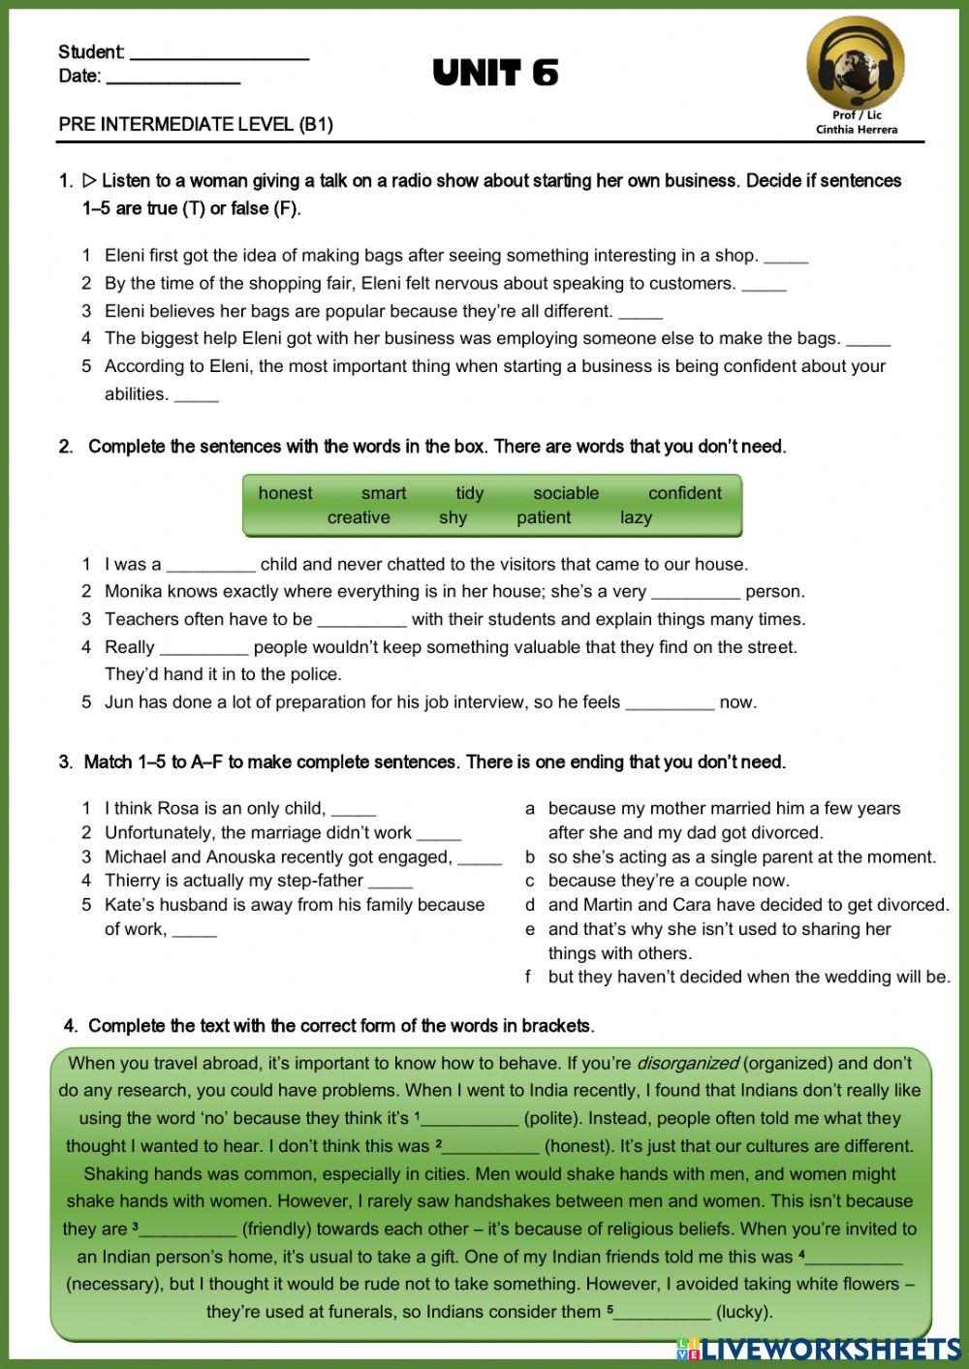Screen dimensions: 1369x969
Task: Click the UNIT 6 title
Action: pos(495,74)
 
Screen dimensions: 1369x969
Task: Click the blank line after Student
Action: pos(219,56)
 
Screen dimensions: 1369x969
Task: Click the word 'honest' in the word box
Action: pos(285,493)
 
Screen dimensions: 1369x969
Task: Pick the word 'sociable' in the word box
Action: pos(566,493)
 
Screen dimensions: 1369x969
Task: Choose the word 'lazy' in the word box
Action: pos(636,517)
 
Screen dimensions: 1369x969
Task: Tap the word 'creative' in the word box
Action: pos(359,517)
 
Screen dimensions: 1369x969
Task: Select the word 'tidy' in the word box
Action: pos(469,493)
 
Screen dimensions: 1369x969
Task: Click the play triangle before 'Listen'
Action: pos(89,180)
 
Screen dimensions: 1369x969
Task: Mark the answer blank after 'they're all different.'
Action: pos(641,314)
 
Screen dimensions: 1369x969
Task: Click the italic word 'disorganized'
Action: pos(687,1063)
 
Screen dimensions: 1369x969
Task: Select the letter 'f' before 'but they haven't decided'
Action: pos(529,977)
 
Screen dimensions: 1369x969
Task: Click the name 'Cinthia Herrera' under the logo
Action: pos(856,129)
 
